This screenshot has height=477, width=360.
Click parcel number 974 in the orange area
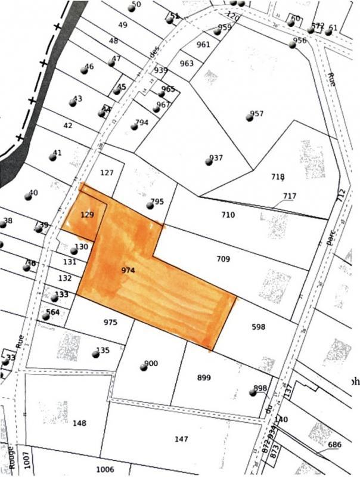tap(128, 271)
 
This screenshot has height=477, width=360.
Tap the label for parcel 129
tap(87, 213)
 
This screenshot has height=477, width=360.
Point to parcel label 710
tap(229, 215)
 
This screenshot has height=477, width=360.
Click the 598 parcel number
tap(258, 327)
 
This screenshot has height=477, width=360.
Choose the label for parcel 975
tap(110, 323)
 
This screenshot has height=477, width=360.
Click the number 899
tap(204, 378)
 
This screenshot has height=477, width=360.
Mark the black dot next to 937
tap(208, 161)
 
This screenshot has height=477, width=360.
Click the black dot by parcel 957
tap(249, 117)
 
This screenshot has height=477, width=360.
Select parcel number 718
tap(278, 177)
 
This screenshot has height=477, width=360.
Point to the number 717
tap(290, 196)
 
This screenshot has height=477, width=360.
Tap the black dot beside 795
tap(150, 206)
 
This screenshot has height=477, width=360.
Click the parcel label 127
tap(107, 174)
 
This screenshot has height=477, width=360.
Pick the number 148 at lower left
tap(79, 424)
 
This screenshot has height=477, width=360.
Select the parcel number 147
tap(182, 439)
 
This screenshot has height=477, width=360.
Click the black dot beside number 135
tap(95, 354)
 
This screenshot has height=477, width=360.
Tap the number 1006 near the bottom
tap(105, 470)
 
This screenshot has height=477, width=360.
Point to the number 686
tap(335, 445)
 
